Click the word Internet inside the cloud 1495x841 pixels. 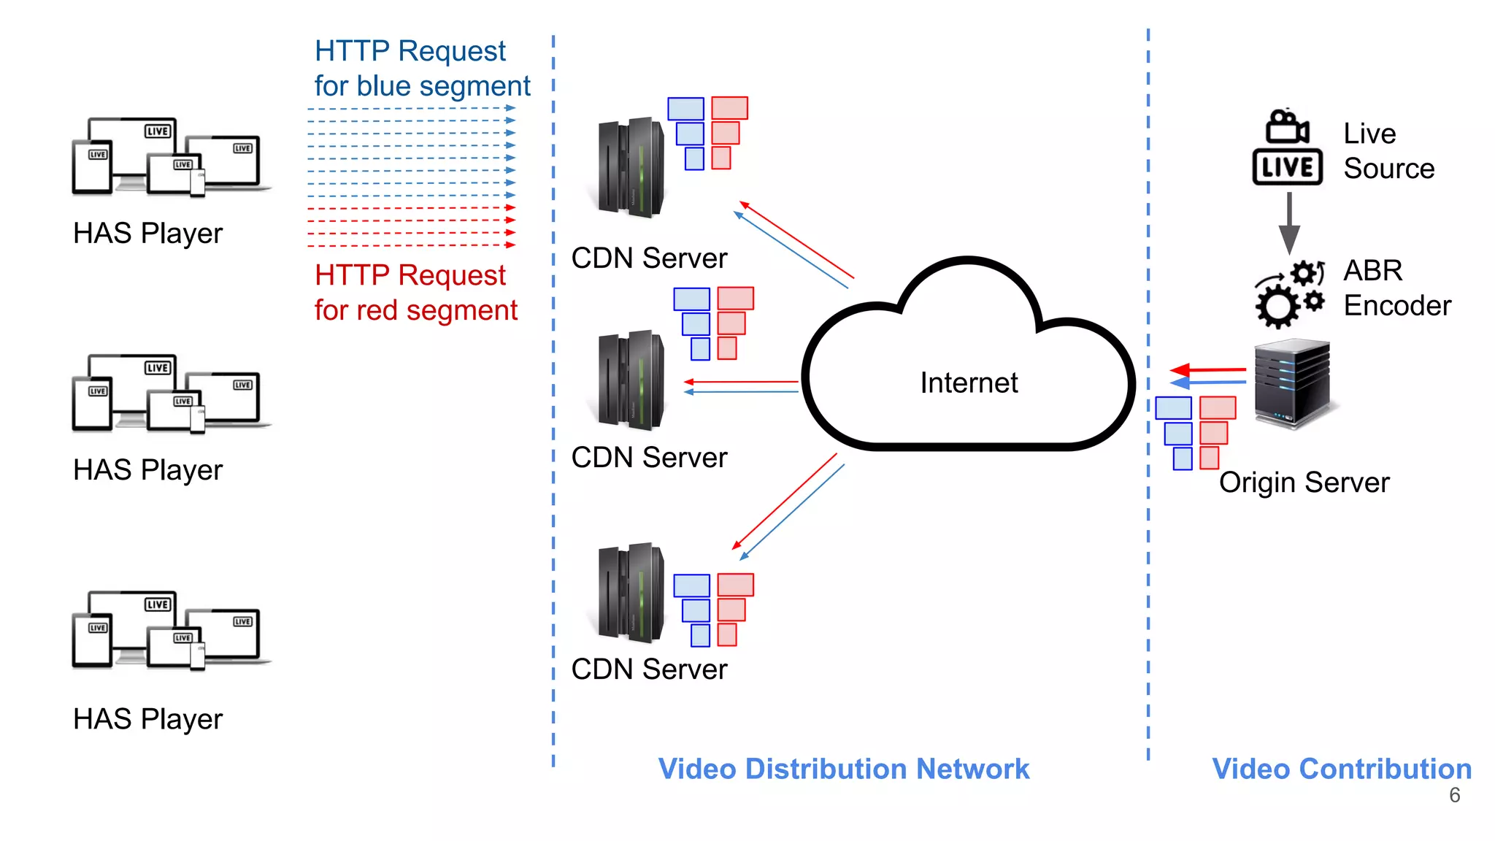point(968,383)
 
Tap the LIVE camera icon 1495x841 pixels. point(1287,148)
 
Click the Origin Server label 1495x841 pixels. point(1304,483)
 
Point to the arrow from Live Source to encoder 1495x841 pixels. point(1289,223)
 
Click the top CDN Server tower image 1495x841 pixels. point(630,168)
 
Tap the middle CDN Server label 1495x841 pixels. point(649,458)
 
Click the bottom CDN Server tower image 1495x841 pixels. point(630,593)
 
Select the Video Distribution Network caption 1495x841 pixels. point(843,769)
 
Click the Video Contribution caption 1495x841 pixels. point(1341,769)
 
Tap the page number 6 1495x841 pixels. point(1454,795)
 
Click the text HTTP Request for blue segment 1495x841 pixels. point(421,69)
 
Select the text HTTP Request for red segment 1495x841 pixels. point(415,293)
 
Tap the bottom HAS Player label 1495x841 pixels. point(147,719)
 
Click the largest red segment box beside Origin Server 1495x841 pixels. point(1218,407)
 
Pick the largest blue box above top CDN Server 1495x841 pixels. point(685,108)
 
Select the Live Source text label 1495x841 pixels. point(1388,151)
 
